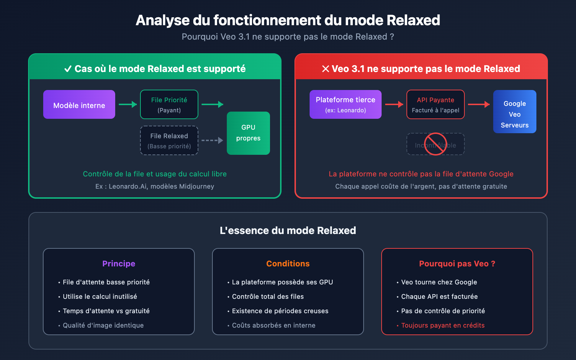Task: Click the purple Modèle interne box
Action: coord(79,104)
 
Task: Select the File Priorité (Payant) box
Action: coord(169,104)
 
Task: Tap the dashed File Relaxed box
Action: coord(169,140)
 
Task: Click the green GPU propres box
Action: coord(248,133)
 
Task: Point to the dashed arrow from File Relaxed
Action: coord(212,140)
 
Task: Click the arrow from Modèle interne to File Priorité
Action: coord(128,104)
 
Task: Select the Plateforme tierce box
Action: coord(346,104)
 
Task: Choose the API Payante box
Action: coord(436,104)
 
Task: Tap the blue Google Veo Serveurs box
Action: coord(515,112)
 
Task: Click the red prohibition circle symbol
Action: coord(436,144)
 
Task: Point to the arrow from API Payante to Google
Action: coord(479,104)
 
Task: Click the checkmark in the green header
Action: coord(68,69)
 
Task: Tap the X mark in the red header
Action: coord(325,69)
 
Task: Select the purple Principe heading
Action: coord(119,264)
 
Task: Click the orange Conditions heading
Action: coord(288,264)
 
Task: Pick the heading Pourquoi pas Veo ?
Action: coord(457,264)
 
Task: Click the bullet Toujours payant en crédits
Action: coord(443,325)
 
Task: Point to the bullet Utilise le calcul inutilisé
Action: coord(100,297)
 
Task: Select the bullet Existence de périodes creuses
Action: coord(280,311)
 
